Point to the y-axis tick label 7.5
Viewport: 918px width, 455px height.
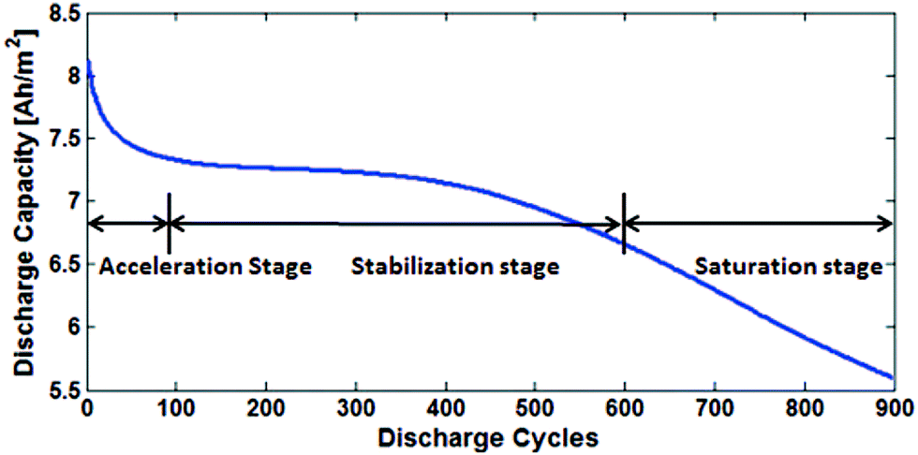click(59, 139)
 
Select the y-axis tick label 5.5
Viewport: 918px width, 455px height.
click(59, 390)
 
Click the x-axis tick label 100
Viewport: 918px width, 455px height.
click(177, 409)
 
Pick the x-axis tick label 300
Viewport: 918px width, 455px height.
click(356, 409)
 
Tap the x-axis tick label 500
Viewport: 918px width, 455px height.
click(534, 409)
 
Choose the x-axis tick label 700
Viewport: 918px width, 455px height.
click(714, 409)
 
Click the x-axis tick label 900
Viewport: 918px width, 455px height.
click(890, 409)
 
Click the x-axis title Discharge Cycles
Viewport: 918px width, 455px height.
click(489, 437)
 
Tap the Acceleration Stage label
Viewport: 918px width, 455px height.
click(204, 267)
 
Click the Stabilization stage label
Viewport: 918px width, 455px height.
click(455, 267)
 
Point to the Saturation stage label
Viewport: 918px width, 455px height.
click(789, 267)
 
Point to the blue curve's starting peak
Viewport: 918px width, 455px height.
click(89, 64)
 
